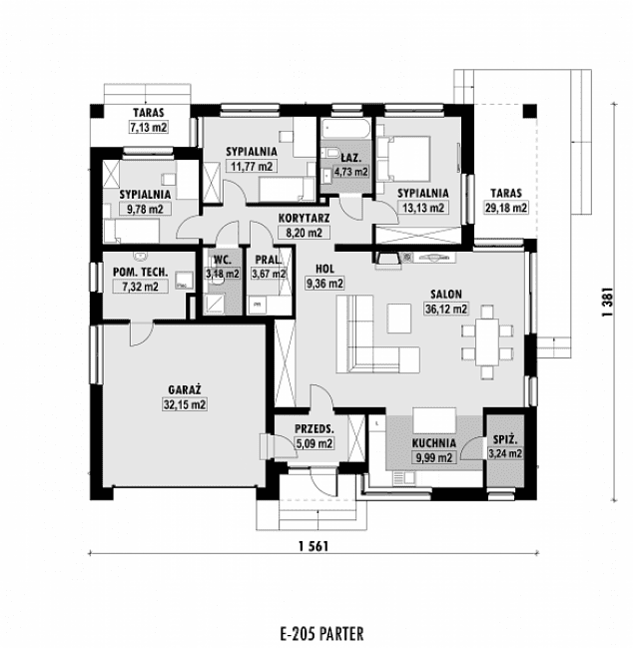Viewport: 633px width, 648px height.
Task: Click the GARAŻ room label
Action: pyautogui.click(x=185, y=389)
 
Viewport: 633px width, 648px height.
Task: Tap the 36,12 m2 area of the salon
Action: pyautogui.click(x=446, y=310)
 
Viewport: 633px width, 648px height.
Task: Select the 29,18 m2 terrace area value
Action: pyautogui.click(x=506, y=208)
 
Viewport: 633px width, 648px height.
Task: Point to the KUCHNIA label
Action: pyautogui.click(x=434, y=443)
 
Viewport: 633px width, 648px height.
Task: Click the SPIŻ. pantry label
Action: pyautogui.click(x=505, y=439)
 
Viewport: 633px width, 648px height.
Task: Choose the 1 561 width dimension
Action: pyautogui.click(x=314, y=546)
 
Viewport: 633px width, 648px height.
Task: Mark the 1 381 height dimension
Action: pyautogui.click(x=608, y=303)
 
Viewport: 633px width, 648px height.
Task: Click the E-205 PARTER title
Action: pyautogui.click(x=321, y=634)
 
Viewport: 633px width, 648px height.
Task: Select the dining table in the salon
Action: pyautogui.click(x=487, y=341)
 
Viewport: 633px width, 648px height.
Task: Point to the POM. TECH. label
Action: pyautogui.click(x=141, y=272)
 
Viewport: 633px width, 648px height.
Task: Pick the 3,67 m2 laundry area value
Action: pyautogui.click(x=269, y=274)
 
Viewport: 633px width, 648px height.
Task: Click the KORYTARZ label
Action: pyautogui.click(x=304, y=218)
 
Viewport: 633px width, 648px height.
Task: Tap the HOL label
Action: pyautogui.click(x=324, y=269)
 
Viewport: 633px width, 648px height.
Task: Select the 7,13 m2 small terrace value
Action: pyautogui.click(x=149, y=127)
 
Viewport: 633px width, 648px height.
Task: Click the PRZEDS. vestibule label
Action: pyautogui.click(x=315, y=429)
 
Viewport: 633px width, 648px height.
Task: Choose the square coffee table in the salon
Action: pyautogui.click(x=399, y=319)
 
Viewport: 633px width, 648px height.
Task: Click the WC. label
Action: pyautogui.click(x=223, y=261)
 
